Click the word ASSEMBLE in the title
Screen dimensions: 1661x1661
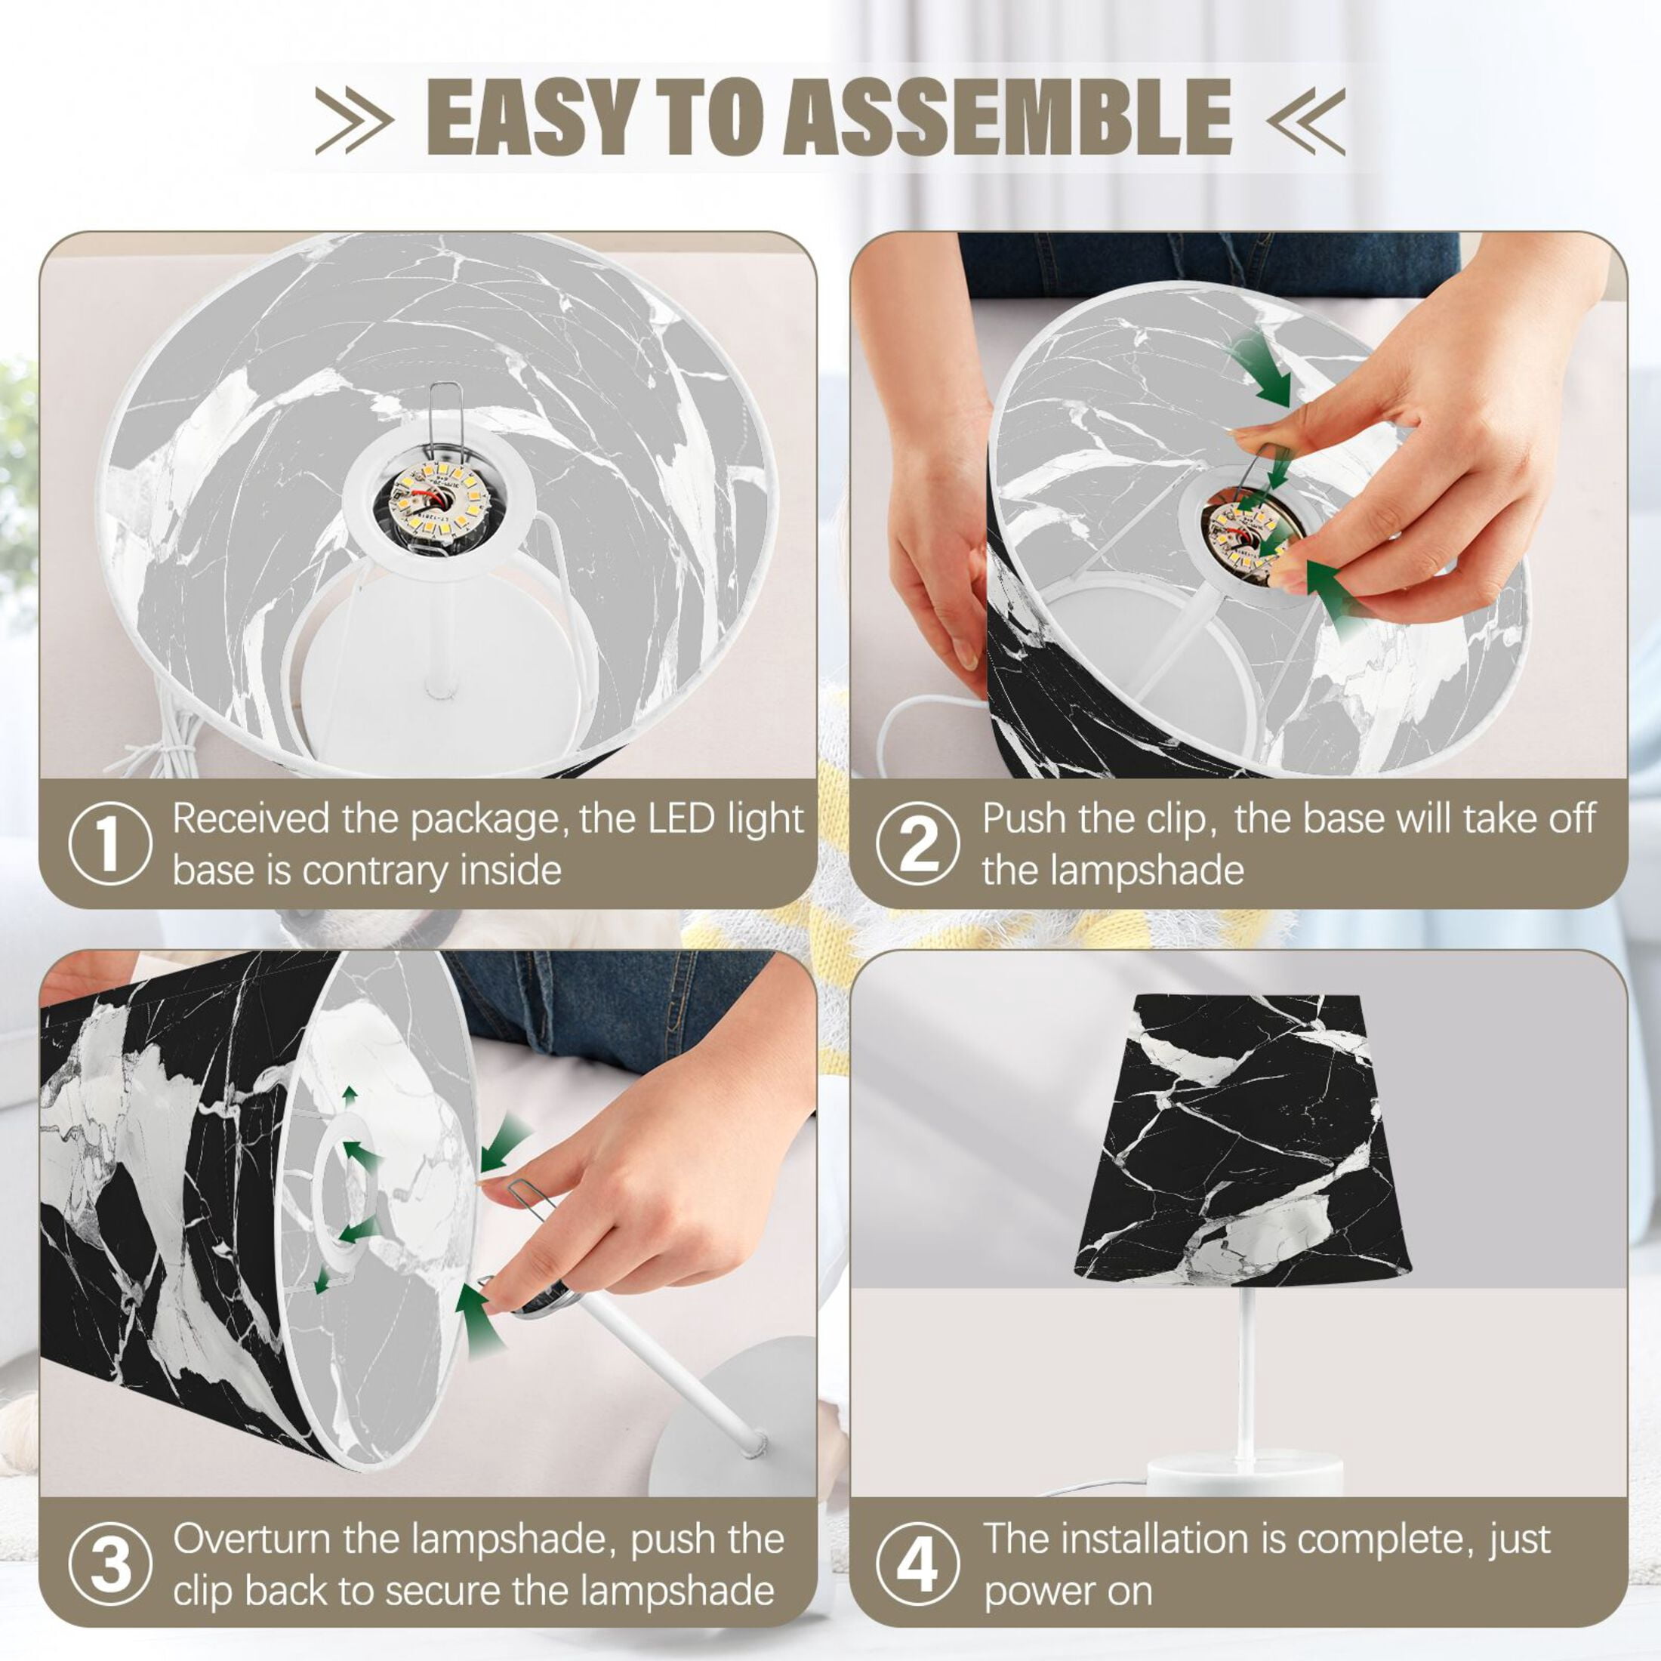pyautogui.click(x=1006, y=117)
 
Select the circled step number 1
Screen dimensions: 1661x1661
pyautogui.click(x=110, y=844)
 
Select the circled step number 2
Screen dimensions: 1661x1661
pyautogui.click(x=918, y=844)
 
